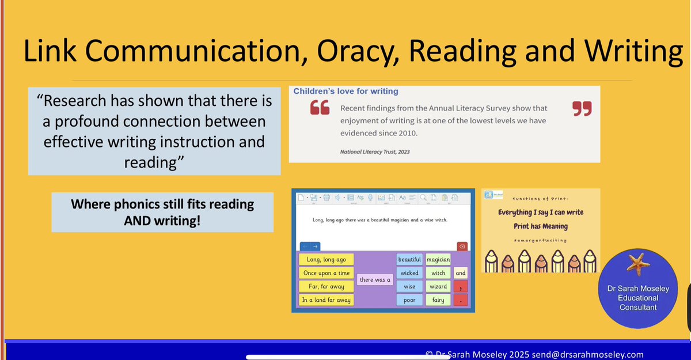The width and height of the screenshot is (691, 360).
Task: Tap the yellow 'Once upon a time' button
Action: (326, 273)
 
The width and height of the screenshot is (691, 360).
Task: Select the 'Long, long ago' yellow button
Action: (326, 260)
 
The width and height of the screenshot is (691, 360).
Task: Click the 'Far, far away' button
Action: (326, 286)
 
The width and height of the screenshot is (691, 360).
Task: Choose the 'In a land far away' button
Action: (326, 300)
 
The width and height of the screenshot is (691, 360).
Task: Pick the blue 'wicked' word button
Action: (409, 273)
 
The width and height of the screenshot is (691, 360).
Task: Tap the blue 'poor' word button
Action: (409, 300)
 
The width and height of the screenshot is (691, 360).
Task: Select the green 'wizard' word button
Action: (438, 286)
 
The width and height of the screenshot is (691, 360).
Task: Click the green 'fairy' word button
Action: (438, 300)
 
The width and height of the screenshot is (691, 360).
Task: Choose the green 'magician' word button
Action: (438, 260)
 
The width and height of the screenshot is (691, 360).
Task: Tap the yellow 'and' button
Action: (461, 273)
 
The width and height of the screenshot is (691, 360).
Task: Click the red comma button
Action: (461, 287)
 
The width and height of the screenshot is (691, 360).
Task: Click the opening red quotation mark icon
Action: (320, 108)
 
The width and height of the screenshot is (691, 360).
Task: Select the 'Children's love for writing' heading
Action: (345, 91)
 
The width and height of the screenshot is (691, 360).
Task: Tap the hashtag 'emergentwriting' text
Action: (540, 240)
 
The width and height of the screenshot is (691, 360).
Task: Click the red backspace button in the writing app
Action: (461, 246)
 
